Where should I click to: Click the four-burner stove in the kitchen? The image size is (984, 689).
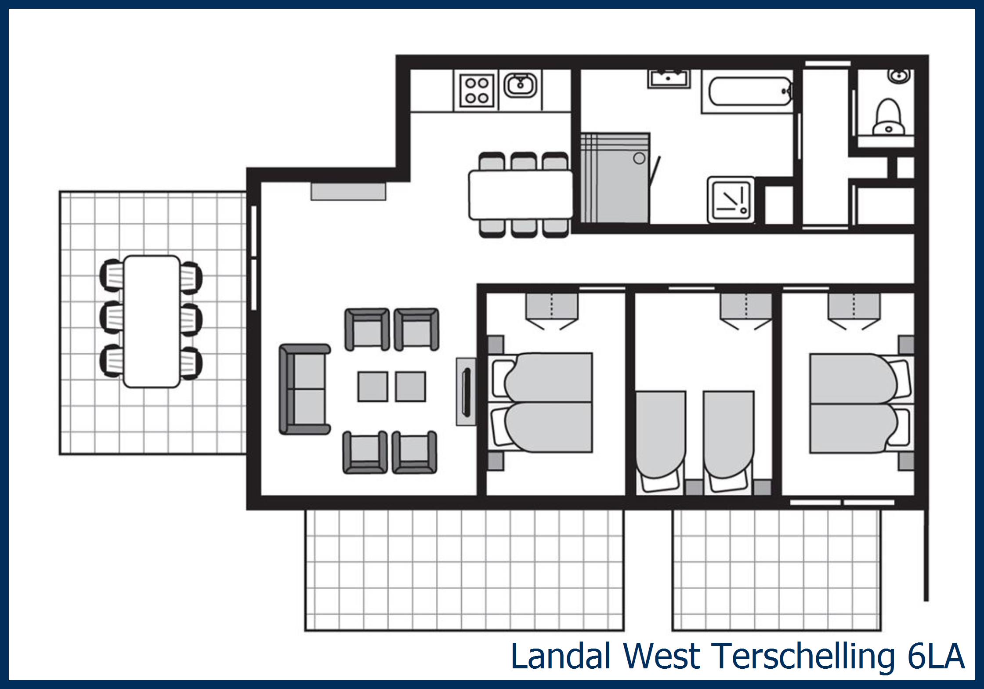coord(477,90)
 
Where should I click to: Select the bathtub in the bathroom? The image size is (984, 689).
coord(747,91)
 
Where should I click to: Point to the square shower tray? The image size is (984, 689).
coord(731,200)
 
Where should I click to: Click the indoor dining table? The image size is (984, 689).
coord(520,195)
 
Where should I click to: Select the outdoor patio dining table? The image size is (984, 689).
coord(152,321)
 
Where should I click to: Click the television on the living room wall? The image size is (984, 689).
coord(466,392)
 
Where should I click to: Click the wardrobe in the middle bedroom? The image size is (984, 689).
coord(745,306)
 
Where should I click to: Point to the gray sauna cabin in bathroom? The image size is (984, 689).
coord(615,178)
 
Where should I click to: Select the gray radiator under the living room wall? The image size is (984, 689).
coord(348,192)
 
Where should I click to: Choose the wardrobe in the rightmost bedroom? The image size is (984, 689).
coord(854,306)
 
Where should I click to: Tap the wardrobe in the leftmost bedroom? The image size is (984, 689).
coord(552,306)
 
